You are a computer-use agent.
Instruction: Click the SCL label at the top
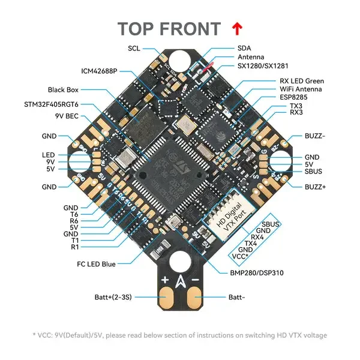click(x=134, y=48)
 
